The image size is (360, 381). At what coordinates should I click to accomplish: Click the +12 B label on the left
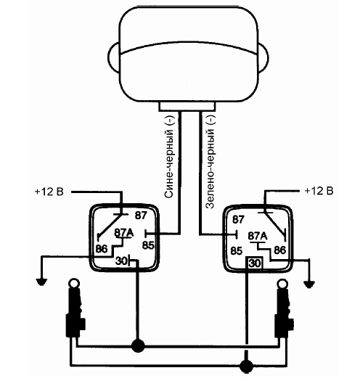pyautogui.click(x=49, y=192)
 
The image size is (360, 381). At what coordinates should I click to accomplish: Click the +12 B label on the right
pyautogui.click(x=319, y=191)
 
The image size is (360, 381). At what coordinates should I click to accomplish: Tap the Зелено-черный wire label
pyautogui.click(x=210, y=162)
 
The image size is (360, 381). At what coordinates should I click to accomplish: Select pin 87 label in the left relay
pyautogui.click(x=141, y=216)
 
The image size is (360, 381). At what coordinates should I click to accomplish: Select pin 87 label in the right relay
pyautogui.click(x=238, y=219)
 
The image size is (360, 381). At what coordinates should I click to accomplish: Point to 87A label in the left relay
pyautogui.click(x=124, y=233)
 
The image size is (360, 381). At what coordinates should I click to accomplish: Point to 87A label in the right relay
pyautogui.click(x=258, y=236)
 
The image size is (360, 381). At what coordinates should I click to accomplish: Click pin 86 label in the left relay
pyautogui.click(x=102, y=249)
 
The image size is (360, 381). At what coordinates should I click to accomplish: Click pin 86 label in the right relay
pyautogui.click(x=279, y=250)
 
